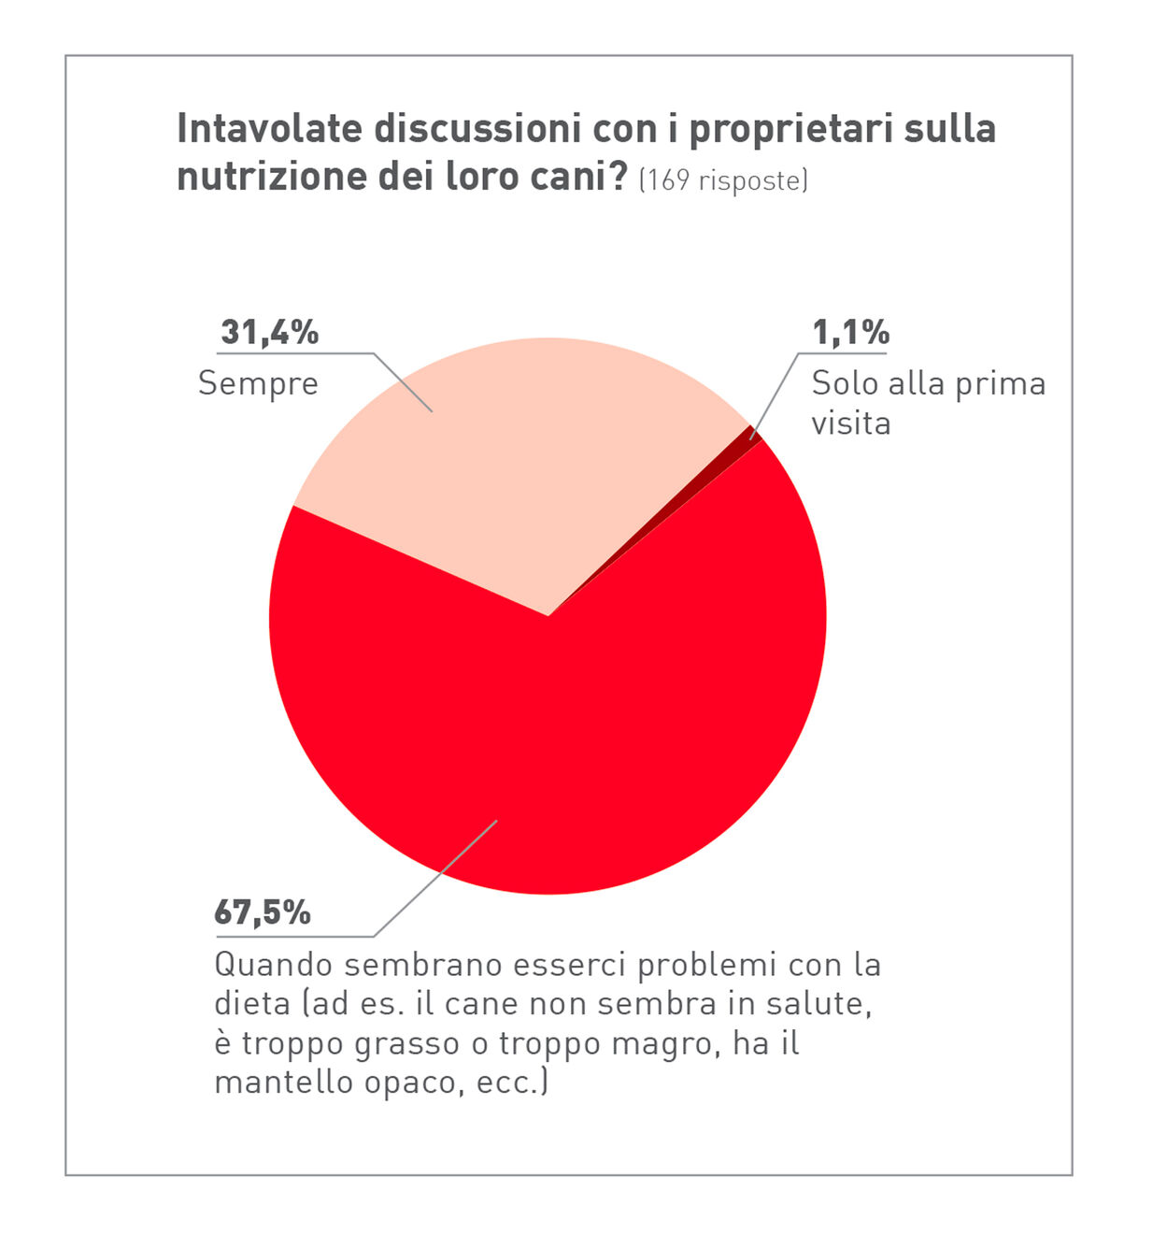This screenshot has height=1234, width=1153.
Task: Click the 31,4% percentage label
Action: pyautogui.click(x=269, y=332)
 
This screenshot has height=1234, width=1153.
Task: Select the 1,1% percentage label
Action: pyautogui.click(x=850, y=332)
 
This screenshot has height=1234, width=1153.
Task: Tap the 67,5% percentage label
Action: pyautogui.click(x=263, y=912)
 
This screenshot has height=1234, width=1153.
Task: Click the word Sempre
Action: pyautogui.click(x=258, y=384)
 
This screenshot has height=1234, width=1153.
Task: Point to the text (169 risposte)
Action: pyautogui.click(x=722, y=180)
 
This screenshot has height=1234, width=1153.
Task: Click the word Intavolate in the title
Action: pyautogui.click(x=269, y=129)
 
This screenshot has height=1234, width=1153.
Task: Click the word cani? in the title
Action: pyautogui.click(x=581, y=176)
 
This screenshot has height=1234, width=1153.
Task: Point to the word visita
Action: pyautogui.click(x=850, y=423)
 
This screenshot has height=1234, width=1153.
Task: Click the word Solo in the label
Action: pyautogui.click(x=844, y=383)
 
